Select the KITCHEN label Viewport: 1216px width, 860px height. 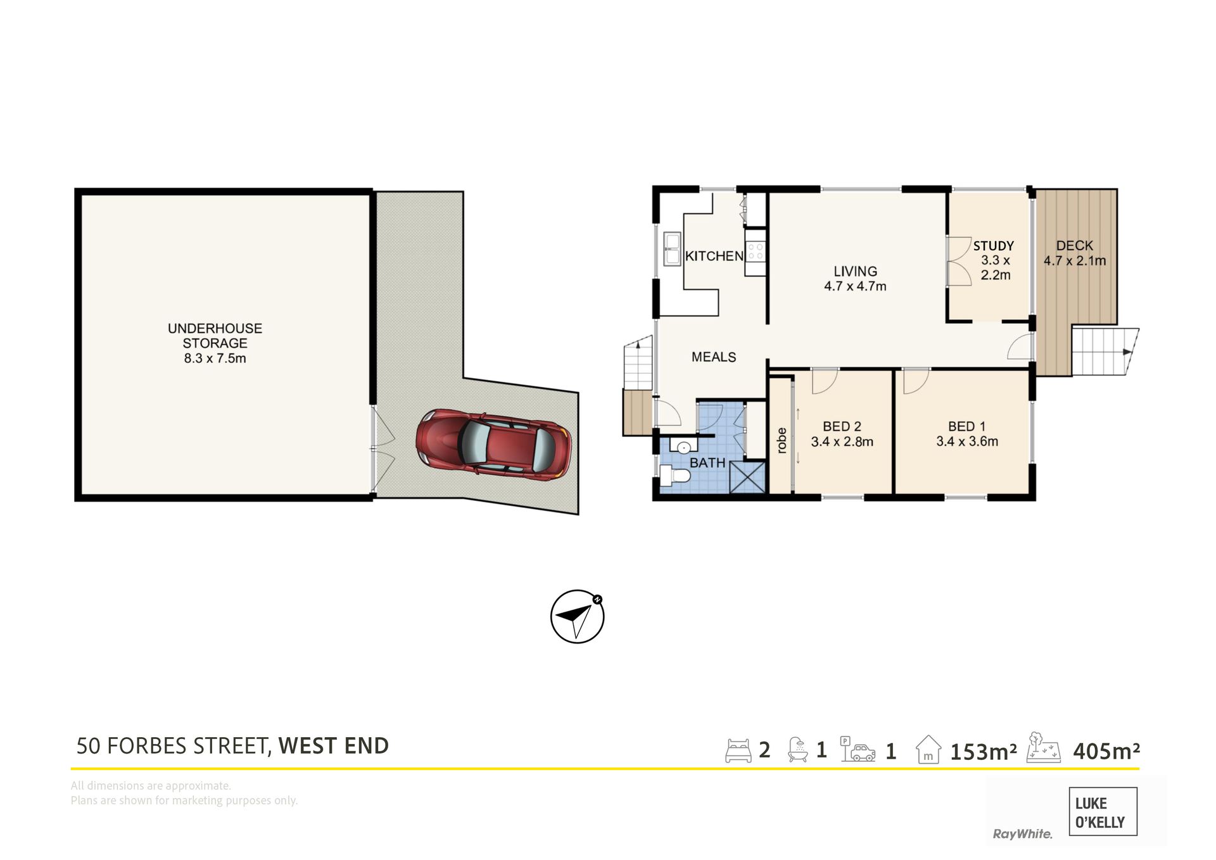tap(714, 256)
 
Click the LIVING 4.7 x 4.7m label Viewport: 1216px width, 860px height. tap(855, 279)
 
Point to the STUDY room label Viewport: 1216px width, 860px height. tap(994, 246)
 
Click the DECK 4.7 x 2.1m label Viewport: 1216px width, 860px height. tap(1075, 253)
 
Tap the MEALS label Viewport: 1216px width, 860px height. tap(714, 357)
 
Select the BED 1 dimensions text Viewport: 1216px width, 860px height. tap(967, 441)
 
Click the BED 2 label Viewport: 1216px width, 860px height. tap(842, 427)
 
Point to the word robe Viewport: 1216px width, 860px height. tap(782, 440)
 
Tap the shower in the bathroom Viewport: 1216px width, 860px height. tap(747, 477)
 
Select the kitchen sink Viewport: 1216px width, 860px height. tap(671, 248)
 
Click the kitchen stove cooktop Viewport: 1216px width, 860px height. tap(756, 251)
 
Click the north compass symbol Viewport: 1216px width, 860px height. tap(578, 616)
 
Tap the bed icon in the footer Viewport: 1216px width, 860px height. tap(738, 750)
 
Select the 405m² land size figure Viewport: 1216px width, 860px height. tap(1106, 751)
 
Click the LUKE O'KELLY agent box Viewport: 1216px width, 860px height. tap(1103, 812)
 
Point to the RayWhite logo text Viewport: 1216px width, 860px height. tap(1022, 834)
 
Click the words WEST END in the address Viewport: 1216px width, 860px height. tap(333, 746)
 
